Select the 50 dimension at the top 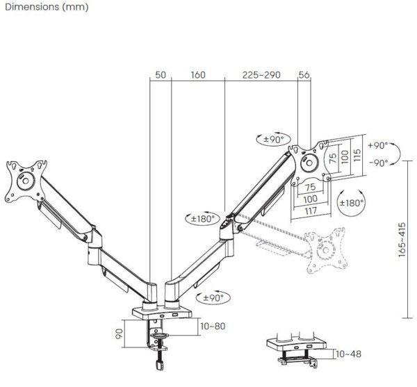[161, 75]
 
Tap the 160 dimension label [197, 75]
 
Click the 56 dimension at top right [304, 75]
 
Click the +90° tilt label [378, 146]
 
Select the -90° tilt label [378, 163]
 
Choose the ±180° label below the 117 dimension [351, 204]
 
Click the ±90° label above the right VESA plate [273, 140]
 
